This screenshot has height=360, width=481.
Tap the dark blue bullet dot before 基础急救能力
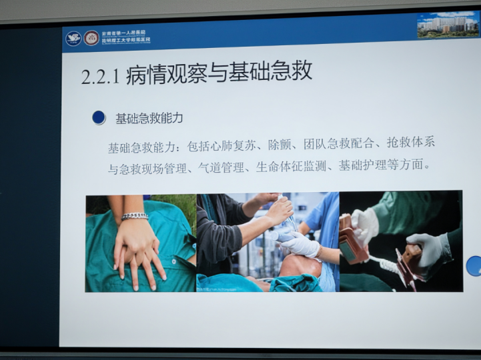tap(99, 118)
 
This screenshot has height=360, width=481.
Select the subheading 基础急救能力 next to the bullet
tap(149, 119)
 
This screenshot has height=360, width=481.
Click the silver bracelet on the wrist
tap(135, 216)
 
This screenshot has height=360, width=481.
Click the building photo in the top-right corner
tap(448, 25)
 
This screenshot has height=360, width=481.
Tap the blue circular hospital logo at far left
tap(73, 39)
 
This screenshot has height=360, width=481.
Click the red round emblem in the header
tap(91, 39)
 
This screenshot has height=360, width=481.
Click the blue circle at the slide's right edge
tap(474, 265)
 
